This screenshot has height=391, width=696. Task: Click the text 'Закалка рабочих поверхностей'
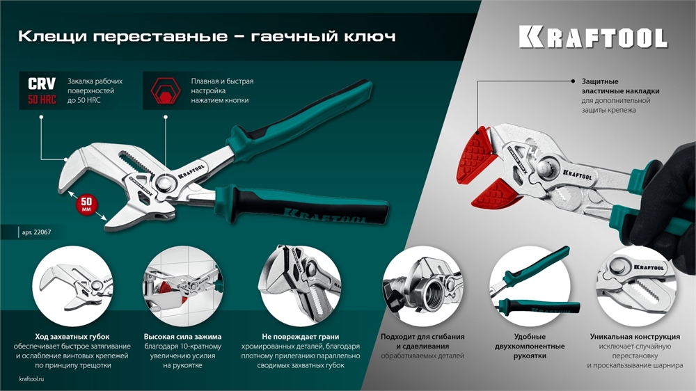90,86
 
